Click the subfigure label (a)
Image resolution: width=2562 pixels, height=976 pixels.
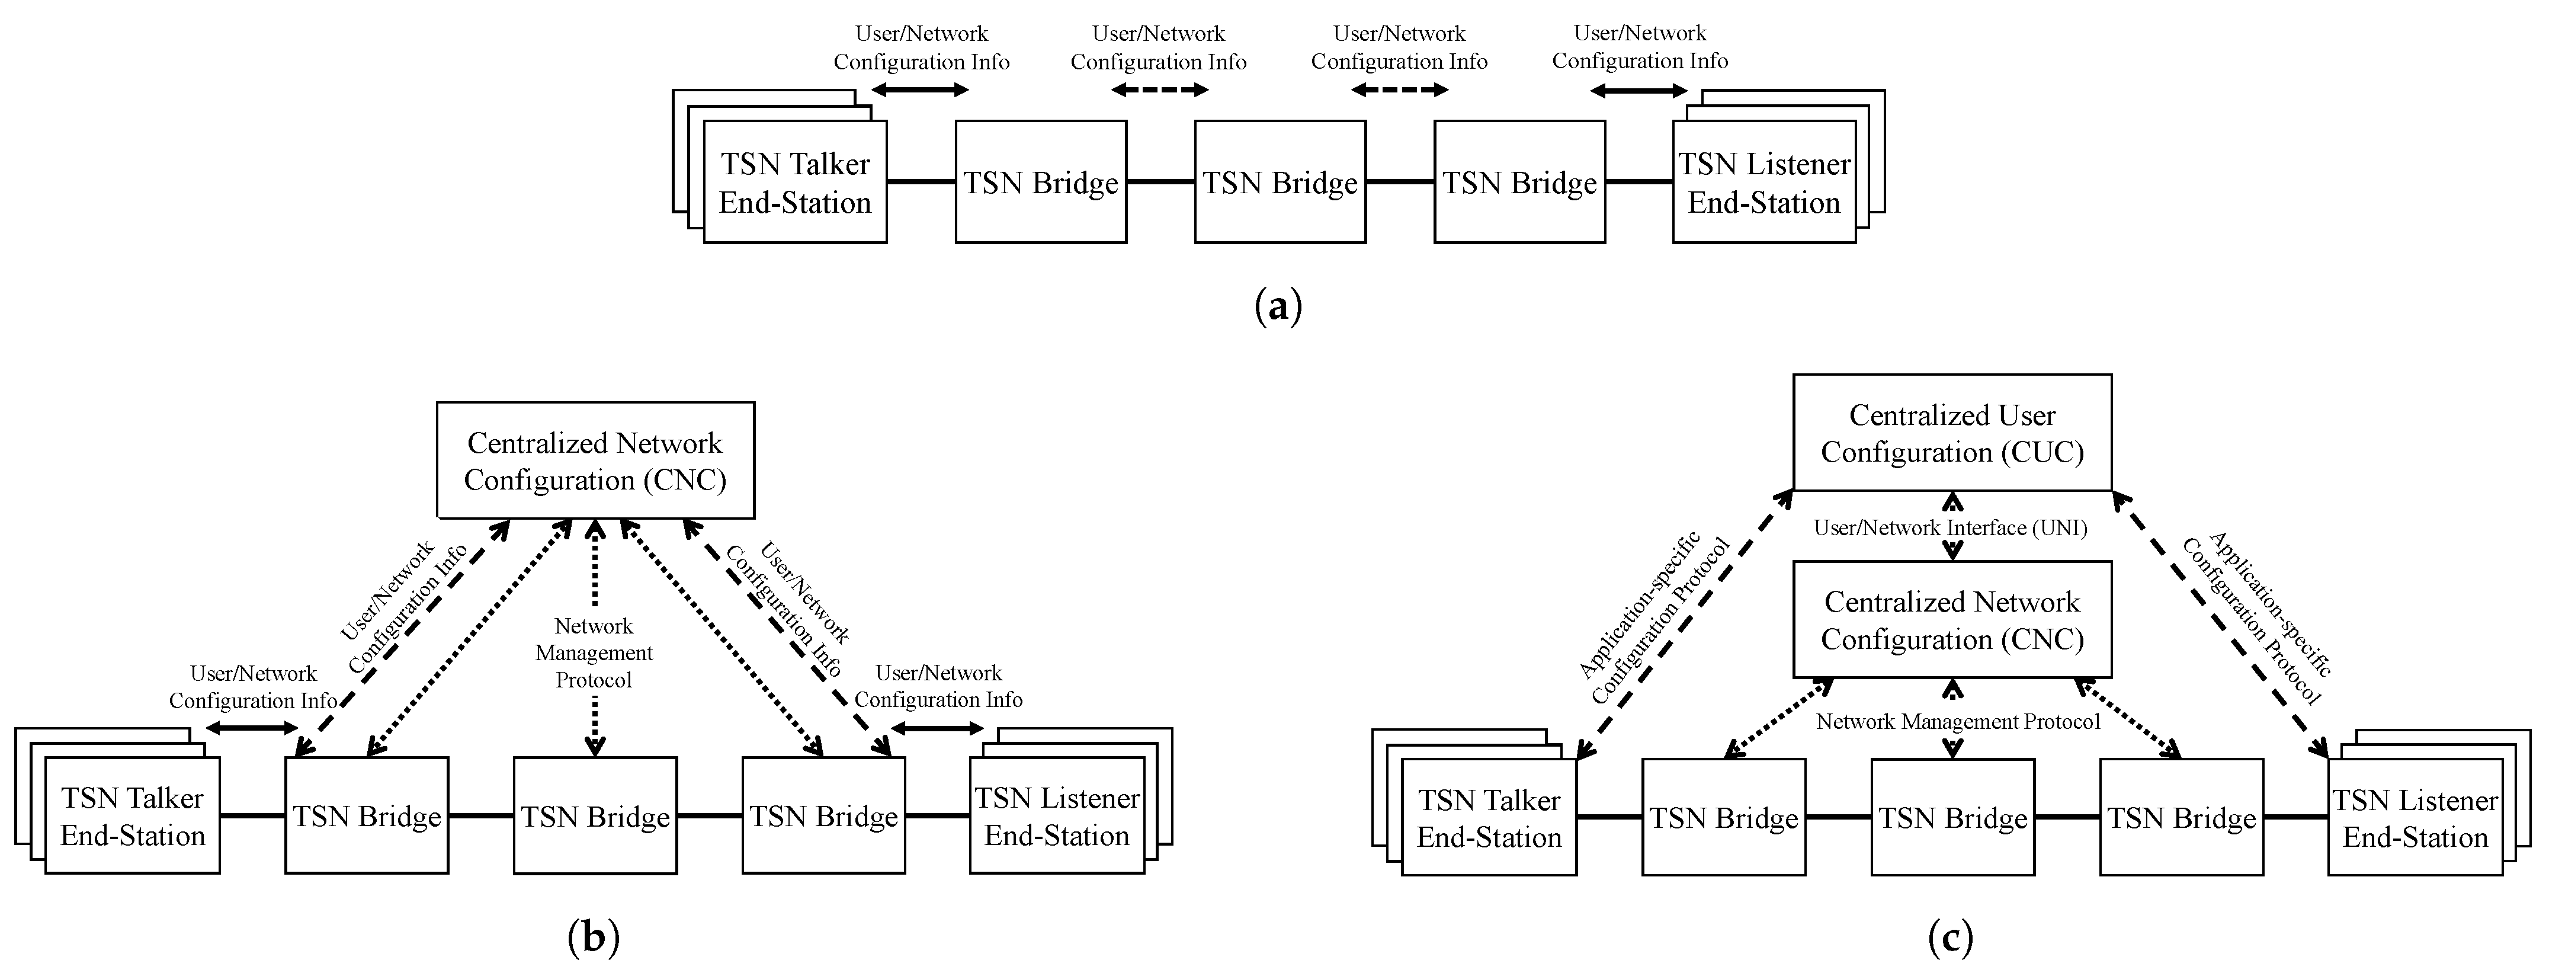[1278, 305]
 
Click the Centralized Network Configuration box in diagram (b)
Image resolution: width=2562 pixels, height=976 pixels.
[595, 460]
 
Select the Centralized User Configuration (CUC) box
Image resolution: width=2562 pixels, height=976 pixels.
[1951, 433]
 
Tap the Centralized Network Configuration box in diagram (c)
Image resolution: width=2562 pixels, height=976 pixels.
[1951, 620]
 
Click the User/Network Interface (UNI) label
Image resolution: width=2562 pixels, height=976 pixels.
[1949, 528]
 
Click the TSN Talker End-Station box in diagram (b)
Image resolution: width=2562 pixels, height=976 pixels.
[132, 816]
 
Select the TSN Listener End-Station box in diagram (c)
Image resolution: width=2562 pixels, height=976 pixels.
[2415, 818]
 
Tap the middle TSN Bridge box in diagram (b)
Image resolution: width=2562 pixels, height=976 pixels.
[595, 816]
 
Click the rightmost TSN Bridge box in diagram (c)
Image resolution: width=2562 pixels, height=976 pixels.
[2181, 818]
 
